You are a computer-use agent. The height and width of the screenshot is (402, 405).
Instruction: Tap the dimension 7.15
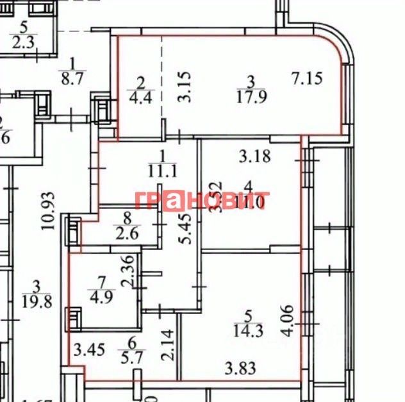pos(306,79)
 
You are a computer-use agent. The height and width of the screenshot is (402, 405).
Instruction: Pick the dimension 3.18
pos(255,155)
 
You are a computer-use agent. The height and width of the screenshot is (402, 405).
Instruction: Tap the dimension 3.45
pos(88,351)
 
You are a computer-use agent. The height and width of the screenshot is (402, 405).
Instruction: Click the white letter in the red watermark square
pos(174,201)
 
